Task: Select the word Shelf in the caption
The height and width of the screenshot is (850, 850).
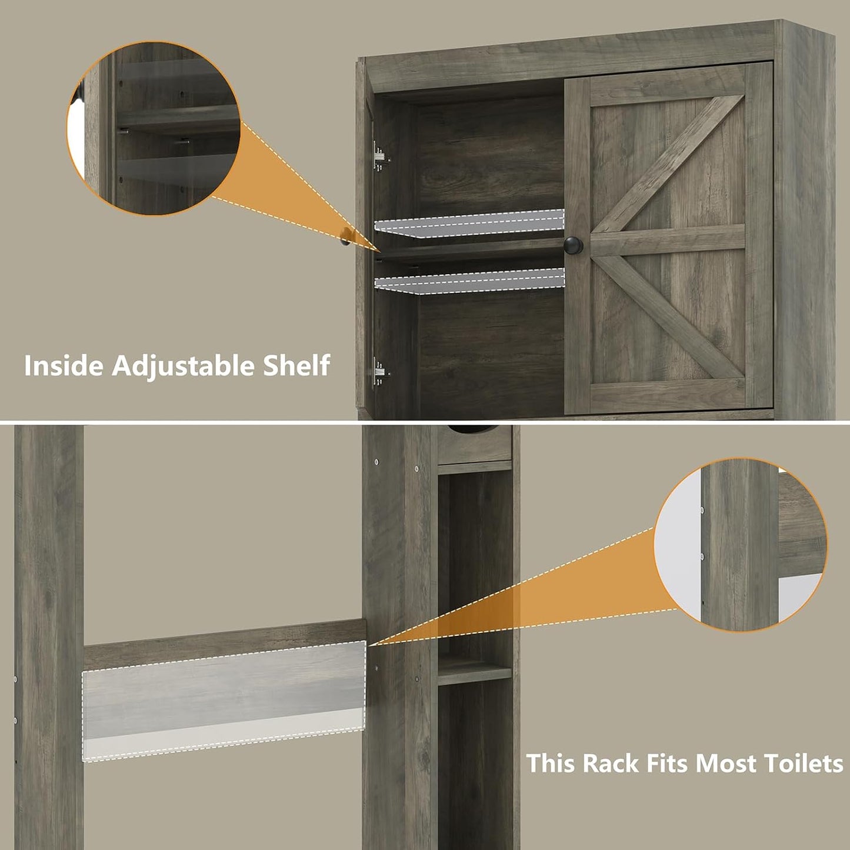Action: pyautogui.click(x=296, y=365)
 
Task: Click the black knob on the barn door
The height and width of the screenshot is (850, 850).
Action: pyautogui.click(x=573, y=245)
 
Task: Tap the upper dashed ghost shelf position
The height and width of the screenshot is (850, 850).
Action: pyautogui.click(x=469, y=224)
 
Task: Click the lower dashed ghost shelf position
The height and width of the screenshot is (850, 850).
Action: pyautogui.click(x=469, y=281)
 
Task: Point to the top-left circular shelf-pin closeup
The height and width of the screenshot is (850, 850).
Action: pyautogui.click(x=154, y=128)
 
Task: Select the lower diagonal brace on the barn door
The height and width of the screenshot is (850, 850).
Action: pyautogui.click(x=671, y=318)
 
